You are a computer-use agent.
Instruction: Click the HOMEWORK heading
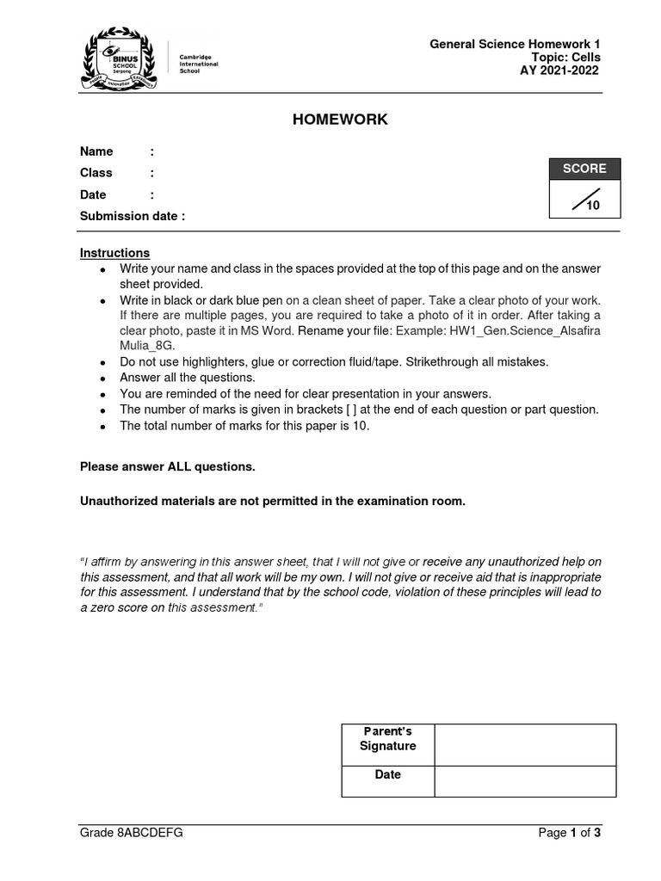(340, 120)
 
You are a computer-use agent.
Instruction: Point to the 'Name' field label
(96, 151)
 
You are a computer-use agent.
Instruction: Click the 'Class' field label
(96, 173)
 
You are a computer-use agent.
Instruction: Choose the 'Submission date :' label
(133, 216)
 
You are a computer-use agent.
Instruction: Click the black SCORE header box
(584, 169)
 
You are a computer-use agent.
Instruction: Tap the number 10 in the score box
(592, 206)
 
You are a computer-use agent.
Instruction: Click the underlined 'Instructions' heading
(114, 253)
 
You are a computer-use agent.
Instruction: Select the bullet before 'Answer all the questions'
(102, 379)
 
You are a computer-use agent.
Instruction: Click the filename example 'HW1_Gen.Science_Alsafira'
(526, 331)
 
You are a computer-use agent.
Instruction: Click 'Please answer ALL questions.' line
(168, 466)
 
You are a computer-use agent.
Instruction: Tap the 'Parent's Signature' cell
(387, 739)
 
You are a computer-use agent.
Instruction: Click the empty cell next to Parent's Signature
(525, 744)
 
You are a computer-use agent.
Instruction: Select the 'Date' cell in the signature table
(387, 774)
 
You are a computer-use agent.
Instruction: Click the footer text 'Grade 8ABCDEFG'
(131, 833)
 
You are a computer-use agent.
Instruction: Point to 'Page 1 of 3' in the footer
(569, 833)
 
